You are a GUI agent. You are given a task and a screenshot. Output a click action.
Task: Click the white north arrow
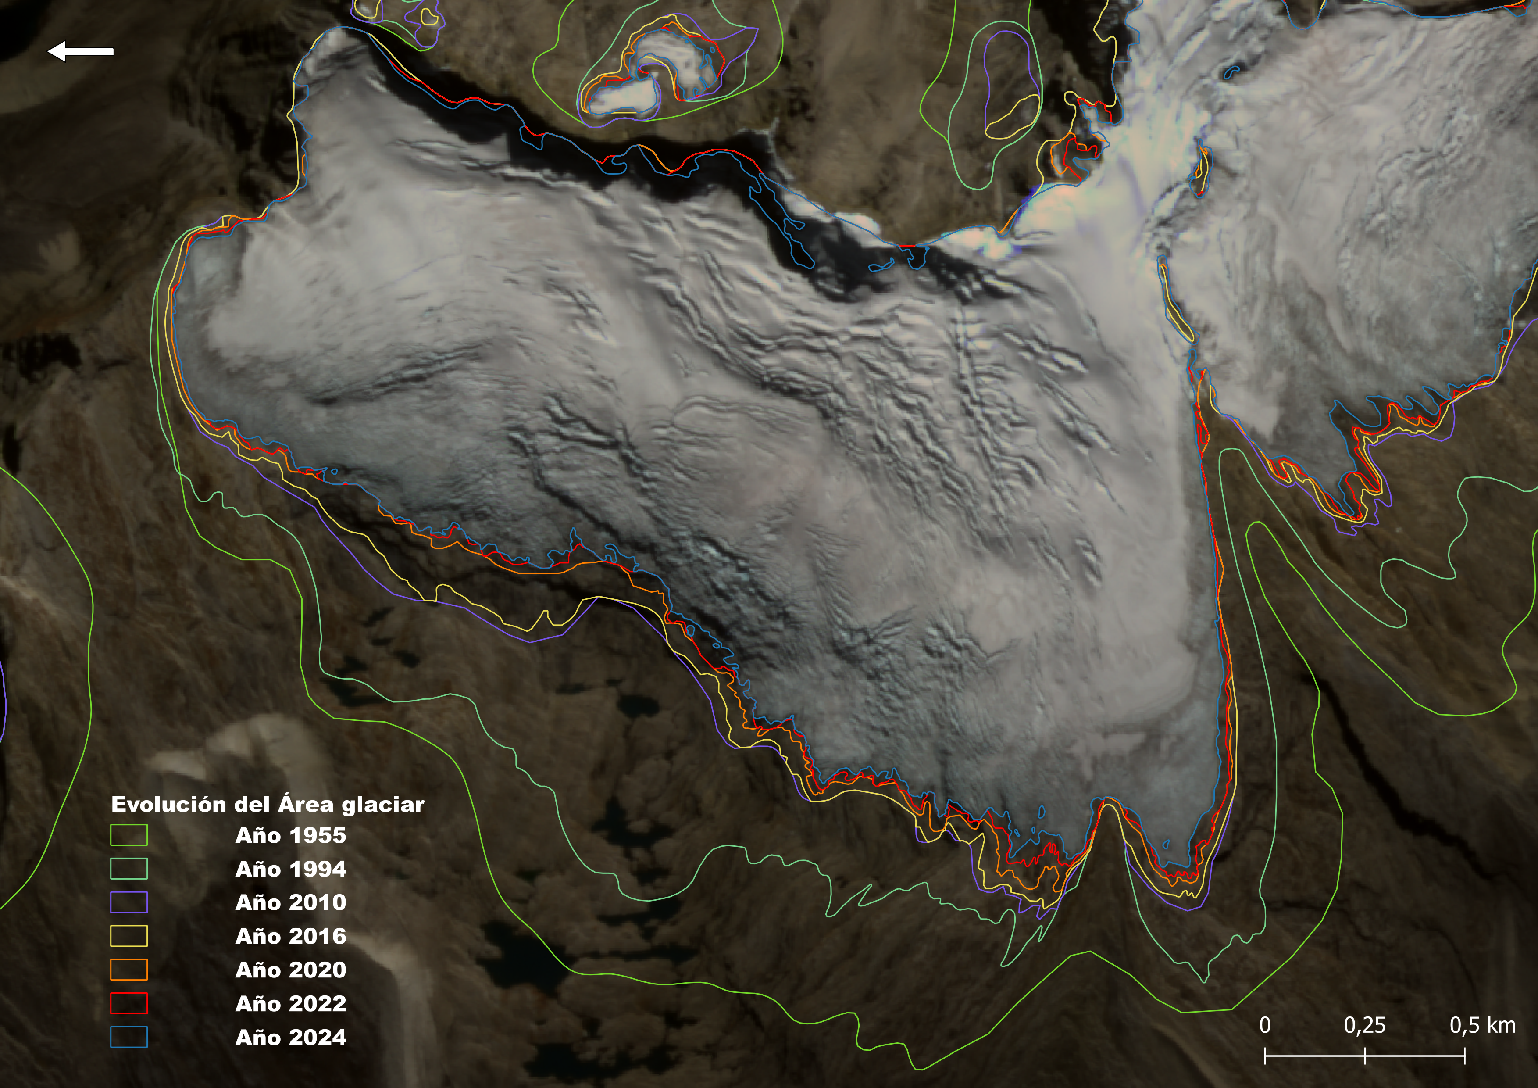click(80, 51)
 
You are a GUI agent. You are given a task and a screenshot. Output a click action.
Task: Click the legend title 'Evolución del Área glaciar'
click(267, 804)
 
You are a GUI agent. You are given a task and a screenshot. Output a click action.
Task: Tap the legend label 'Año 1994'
click(291, 869)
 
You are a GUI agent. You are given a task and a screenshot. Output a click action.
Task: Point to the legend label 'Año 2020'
click(291, 970)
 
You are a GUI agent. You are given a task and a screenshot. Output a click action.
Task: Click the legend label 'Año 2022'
click(291, 1004)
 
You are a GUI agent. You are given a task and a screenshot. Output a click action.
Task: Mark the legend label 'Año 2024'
click(291, 1037)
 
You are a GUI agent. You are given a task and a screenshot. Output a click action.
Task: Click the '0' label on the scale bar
click(1265, 1025)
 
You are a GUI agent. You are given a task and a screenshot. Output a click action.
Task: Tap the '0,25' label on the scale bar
click(1364, 1025)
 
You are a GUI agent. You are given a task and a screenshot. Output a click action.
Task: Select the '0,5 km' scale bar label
click(1482, 1025)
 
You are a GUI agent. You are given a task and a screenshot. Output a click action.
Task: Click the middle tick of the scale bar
click(1364, 1056)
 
